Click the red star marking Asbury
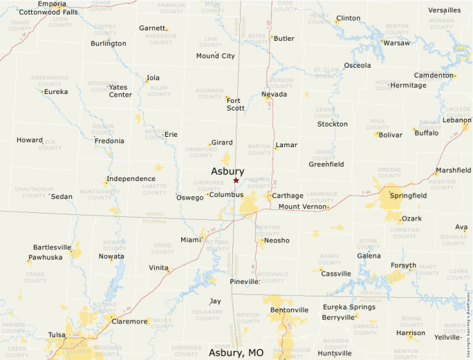236,180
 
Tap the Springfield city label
408,196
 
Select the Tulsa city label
57,335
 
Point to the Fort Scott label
236,104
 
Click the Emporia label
53,4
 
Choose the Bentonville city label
289,310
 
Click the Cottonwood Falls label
48,12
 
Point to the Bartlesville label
52,247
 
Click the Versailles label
444,10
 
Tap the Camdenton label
434,75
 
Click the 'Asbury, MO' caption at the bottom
236,352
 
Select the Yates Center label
120,91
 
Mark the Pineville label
245,282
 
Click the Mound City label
215,56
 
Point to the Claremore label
130,321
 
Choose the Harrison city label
411,332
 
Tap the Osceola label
358,66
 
